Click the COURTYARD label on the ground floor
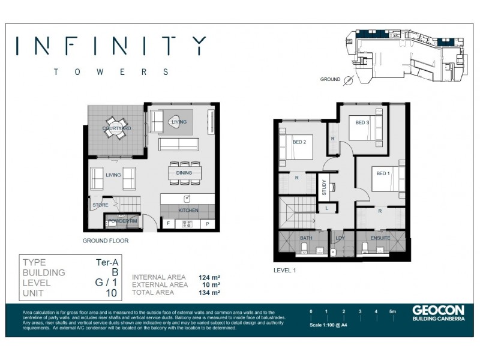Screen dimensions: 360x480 [116, 128]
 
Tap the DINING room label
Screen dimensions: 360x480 [184, 173]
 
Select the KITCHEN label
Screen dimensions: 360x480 [188, 211]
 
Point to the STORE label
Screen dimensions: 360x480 [100, 205]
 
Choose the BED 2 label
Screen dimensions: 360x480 [299, 142]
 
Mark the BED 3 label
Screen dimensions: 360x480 [362, 123]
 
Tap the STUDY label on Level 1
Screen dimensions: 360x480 [324, 188]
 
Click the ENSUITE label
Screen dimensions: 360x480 [380, 238]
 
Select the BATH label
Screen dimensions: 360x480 [305, 239]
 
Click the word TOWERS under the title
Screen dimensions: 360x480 [111, 71]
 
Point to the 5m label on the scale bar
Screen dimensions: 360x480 [392, 312]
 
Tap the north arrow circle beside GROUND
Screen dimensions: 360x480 [347, 79]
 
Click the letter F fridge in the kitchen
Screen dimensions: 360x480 [168, 224]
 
